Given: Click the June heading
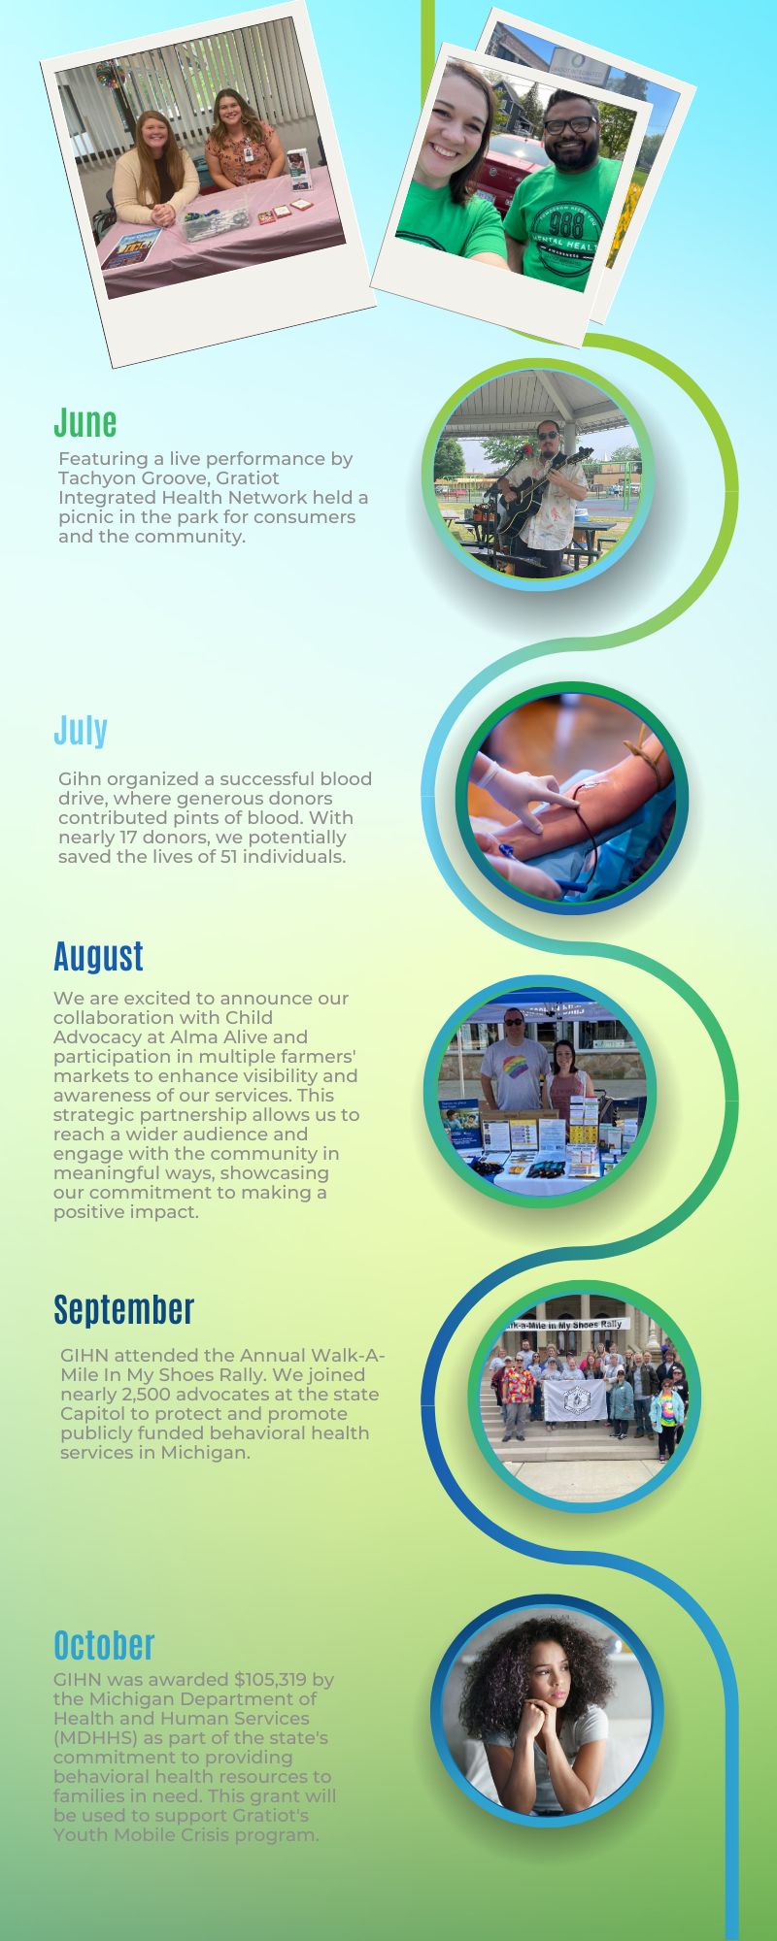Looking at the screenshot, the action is [85, 422].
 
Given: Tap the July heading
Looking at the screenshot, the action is [81, 730].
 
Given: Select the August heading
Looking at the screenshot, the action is [98, 956].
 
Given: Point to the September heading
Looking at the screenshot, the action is [124, 1309].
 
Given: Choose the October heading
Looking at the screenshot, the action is [104, 1645].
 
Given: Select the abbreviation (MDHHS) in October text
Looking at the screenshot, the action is [97, 1738].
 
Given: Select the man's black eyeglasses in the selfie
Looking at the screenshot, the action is [567, 125].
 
